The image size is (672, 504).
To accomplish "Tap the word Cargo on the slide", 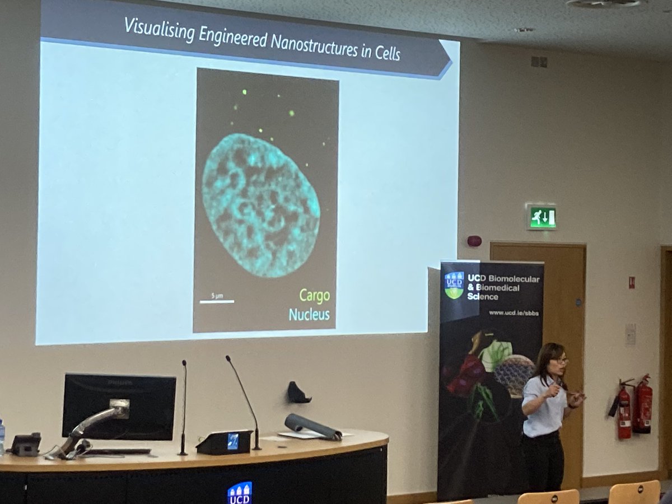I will click(314, 296).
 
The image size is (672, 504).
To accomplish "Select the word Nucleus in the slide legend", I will click(309, 314).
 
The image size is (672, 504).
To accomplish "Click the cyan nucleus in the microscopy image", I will click(260, 206).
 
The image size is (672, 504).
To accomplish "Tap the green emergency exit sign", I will click(542, 217).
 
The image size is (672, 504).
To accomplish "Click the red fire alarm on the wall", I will click(474, 241).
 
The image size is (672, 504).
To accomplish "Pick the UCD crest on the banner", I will click(454, 284).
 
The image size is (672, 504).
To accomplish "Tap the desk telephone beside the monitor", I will click(25, 444).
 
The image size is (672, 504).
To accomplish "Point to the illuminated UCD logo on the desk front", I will click(240, 493).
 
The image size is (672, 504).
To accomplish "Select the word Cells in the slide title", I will click(388, 53).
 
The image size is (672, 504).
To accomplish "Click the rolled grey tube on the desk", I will click(312, 426).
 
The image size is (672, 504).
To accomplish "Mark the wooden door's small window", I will click(631, 282).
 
